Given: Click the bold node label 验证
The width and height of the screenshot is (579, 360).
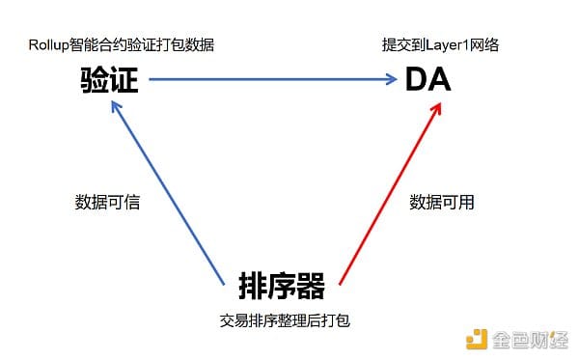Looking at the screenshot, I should pos(109,80).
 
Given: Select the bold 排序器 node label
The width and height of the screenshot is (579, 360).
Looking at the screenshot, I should pos(281,286).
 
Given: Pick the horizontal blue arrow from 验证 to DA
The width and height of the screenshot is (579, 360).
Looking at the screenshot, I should pos(270,81).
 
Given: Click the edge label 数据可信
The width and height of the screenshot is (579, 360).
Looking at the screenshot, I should pos(107,203).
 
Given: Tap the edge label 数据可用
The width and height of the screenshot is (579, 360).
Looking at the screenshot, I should pos(442,203).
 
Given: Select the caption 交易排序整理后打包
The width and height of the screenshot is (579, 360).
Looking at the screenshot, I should pos(285,319).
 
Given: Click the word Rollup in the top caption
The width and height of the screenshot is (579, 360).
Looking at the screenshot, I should pos(50,44).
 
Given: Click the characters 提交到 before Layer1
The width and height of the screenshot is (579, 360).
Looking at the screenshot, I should pos(405,44).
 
